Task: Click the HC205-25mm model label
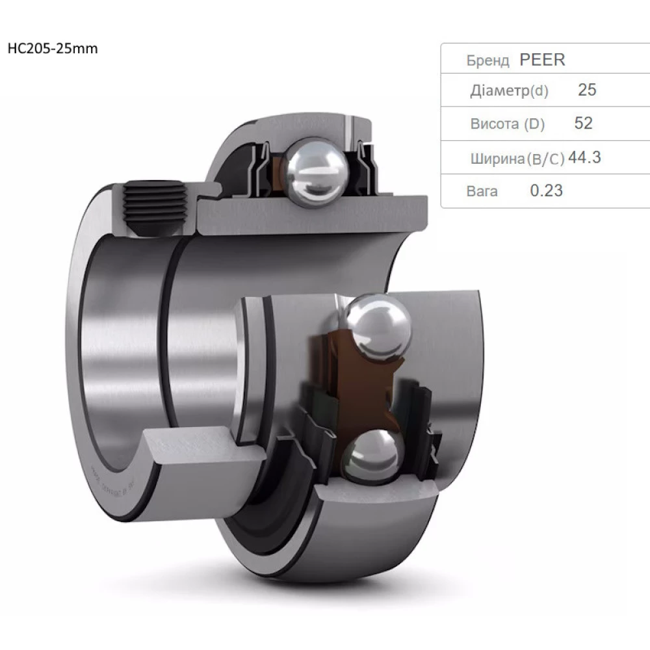tap(52, 49)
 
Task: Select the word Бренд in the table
tap(487, 61)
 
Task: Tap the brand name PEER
tap(542, 60)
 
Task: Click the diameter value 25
tap(586, 90)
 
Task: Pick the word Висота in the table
tap(495, 125)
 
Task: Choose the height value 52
tap(583, 123)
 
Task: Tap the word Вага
tap(482, 192)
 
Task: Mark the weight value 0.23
tap(546, 191)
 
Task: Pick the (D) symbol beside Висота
tap(534, 125)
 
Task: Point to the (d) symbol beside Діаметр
tap(539, 92)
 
